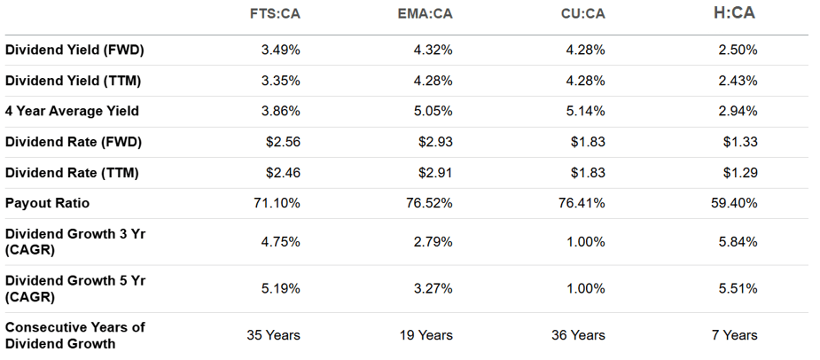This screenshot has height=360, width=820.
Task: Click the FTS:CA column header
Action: tap(275, 13)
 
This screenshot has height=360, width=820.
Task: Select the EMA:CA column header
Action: tap(426, 13)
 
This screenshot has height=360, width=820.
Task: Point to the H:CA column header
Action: tap(734, 12)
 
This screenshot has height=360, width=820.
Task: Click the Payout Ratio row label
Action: tap(48, 203)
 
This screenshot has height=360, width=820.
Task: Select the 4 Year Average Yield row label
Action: tap(73, 111)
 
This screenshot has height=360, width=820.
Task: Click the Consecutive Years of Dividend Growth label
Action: tap(74, 335)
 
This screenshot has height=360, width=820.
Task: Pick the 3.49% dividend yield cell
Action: tap(281, 51)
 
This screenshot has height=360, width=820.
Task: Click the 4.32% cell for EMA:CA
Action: tap(433, 51)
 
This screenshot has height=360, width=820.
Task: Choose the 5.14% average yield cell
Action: tap(586, 111)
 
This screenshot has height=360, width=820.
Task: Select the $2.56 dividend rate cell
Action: tap(284, 142)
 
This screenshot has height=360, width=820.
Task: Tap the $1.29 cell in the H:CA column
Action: tap(740, 172)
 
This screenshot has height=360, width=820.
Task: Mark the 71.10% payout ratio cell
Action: tap(277, 203)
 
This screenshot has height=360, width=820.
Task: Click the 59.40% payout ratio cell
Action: tap(734, 203)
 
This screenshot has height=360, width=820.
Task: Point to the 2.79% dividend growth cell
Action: tap(433, 241)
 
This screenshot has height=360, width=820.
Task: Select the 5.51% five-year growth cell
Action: tap(738, 288)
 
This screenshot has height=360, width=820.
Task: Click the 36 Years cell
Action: tap(578, 335)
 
